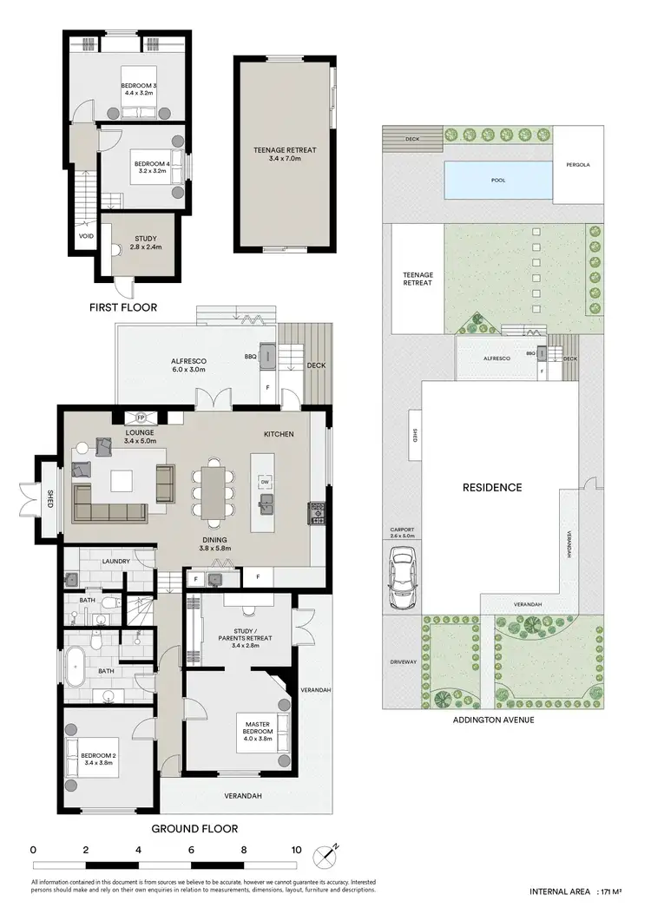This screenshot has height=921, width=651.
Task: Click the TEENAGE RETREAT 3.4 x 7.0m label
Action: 285,155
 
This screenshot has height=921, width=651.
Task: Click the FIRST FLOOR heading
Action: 124,307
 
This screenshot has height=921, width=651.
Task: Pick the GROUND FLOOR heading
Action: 194,828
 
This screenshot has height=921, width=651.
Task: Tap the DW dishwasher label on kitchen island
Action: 265,482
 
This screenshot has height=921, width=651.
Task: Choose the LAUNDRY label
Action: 115,562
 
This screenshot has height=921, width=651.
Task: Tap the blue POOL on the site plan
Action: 497,181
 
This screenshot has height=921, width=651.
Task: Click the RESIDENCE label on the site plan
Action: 491,487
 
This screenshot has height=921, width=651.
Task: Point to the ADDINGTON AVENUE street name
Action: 492,720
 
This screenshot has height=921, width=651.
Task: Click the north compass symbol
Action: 329,855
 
